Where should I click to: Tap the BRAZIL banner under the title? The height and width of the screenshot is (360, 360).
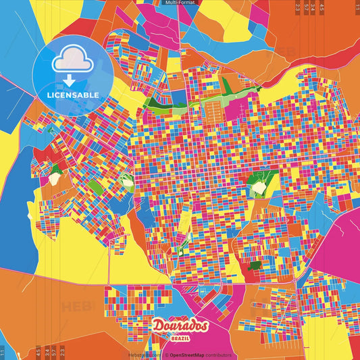pyautogui.click(x=180, y=338)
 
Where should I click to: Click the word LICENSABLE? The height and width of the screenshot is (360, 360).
pyautogui.click(x=74, y=95)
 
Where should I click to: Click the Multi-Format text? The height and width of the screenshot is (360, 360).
pyautogui.click(x=180, y=3)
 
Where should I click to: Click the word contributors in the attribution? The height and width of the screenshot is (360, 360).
pyautogui.click(x=218, y=355)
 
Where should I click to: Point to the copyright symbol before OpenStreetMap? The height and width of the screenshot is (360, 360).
pyautogui.click(x=166, y=355)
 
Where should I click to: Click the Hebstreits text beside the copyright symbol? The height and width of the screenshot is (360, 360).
pyautogui.click(x=145, y=355)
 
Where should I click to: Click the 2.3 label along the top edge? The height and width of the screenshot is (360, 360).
pyautogui.click(x=298, y=7)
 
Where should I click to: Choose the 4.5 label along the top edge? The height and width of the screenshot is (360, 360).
pyautogui.click(x=322, y=7)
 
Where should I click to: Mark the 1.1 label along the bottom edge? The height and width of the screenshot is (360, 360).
pyautogui.click(x=3, y=351)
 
